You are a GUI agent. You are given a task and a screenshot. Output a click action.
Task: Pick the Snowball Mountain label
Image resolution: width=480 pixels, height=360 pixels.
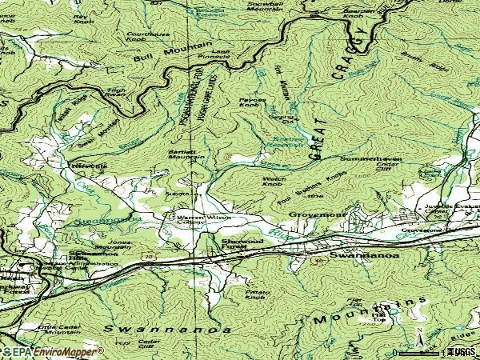pyautogui.click(x=266, y=6)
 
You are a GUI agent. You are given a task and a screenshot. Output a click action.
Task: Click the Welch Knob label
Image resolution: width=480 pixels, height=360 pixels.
pyautogui.click(x=274, y=181)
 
